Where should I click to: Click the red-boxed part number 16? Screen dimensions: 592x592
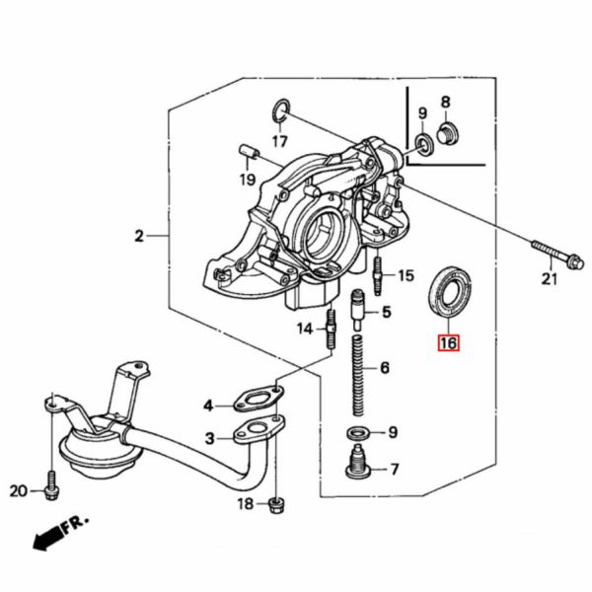(x=449, y=343)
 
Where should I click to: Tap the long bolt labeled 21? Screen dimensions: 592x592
(x=554, y=253)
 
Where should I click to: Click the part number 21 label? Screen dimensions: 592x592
(x=550, y=279)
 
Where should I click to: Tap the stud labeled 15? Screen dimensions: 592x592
(x=378, y=268)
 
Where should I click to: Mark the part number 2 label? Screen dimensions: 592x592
(x=140, y=236)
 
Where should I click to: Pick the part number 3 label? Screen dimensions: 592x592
(x=210, y=437)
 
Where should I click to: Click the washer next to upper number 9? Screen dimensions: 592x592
(x=424, y=144)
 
